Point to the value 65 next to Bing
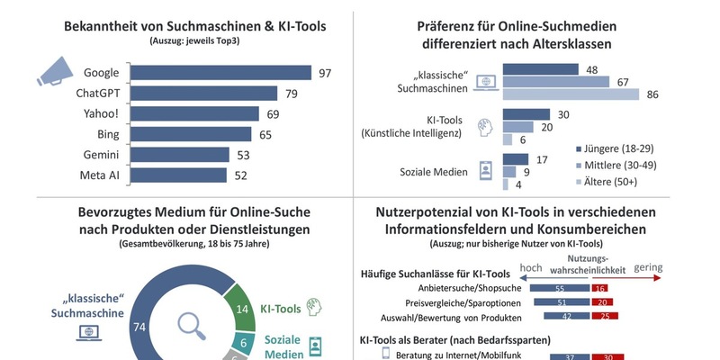(x=264, y=134)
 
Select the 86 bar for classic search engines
(x=571, y=94)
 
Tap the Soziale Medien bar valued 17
(x=515, y=159)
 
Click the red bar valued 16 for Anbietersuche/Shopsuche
(x=601, y=287)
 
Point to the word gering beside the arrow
(x=648, y=267)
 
